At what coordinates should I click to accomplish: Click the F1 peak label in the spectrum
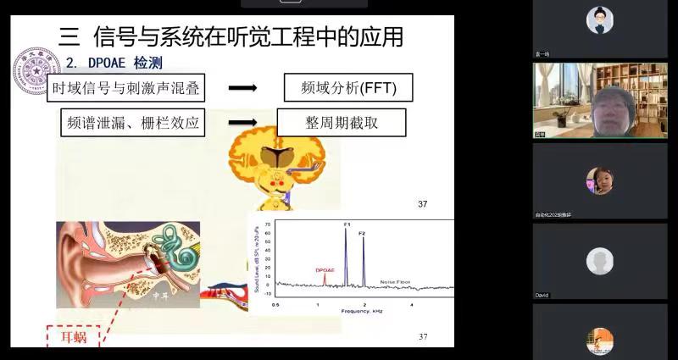347,224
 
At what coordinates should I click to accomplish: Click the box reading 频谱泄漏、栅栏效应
134,122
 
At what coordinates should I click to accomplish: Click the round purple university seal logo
35,70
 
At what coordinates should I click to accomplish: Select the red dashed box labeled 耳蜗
72,338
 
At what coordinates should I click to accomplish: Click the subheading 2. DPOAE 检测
114,63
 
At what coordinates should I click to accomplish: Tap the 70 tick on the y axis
268,224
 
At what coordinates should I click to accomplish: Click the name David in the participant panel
542,295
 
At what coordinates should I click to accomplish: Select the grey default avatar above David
599,260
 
